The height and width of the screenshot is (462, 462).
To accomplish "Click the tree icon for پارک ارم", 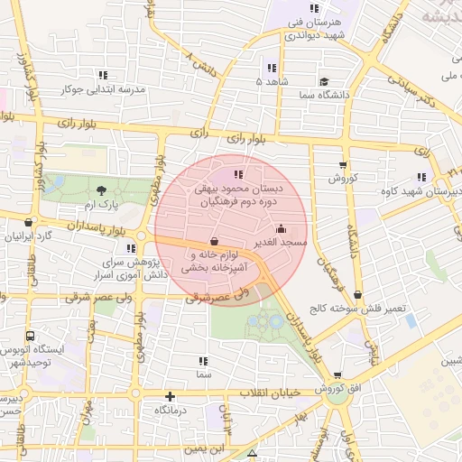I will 100,189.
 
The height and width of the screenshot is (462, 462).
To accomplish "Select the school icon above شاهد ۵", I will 272,68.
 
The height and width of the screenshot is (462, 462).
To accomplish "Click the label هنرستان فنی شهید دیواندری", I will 316,29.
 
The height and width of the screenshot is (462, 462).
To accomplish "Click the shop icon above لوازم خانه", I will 213,242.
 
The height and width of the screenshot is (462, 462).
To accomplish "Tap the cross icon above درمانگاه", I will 170,396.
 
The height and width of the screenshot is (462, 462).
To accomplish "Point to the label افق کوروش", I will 337,389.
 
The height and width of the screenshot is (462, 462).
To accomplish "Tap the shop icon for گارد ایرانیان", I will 30,222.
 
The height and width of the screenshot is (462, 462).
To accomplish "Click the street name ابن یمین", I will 207,448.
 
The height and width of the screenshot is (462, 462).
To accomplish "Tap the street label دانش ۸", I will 202,63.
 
